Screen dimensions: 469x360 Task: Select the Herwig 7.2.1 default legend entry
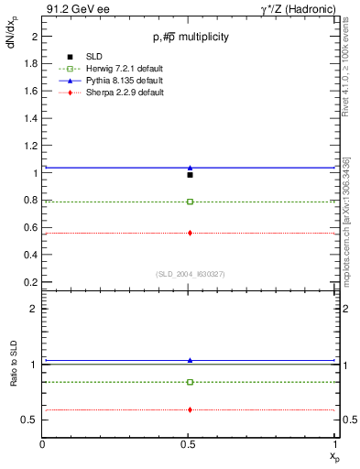pyautogui.click(x=111, y=70)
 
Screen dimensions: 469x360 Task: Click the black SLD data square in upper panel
pyautogui.click(x=190, y=174)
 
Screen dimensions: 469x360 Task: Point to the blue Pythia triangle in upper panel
pyautogui.click(x=190, y=168)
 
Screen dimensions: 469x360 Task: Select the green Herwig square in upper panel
pyautogui.click(x=190, y=202)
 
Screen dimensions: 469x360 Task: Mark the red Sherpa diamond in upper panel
pyautogui.click(x=190, y=233)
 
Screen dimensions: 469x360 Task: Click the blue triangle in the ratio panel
pyautogui.click(x=190, y=360)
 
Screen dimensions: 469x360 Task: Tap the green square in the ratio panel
pyautogui.click(x=190, y=382)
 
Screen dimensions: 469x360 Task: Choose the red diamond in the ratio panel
pyautogui.click(x=190, y=409)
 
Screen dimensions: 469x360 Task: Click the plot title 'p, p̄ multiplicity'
pyautogui.click(x=190, y=37)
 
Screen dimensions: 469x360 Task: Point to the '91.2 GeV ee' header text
pyautogui.click(x=71, y=8)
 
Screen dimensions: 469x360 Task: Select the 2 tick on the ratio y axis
pyautogui.click(x=35, y=309)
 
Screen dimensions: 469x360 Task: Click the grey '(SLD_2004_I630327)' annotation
pyautogui.click(x=190, y=274)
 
